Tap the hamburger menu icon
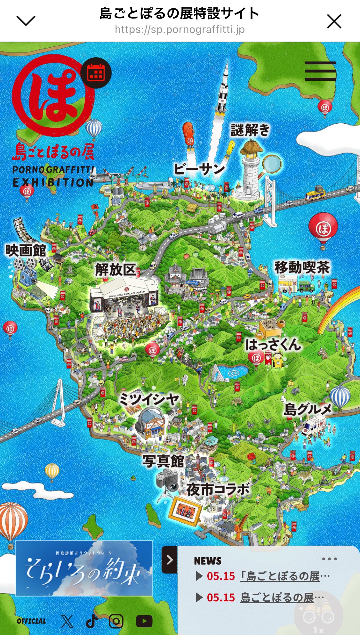[320, 71]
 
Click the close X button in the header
[334, 22]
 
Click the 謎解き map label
[250, 130]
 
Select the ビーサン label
[199, 169]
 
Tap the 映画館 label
[26, 250]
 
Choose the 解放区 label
[116, 270]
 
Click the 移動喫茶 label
[302, 267]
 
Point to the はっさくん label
[273, 345]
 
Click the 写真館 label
[163, 461]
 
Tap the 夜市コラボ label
[218, 489]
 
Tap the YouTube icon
[144, 622]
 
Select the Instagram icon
[116, 622]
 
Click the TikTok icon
[92, 622]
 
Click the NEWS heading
[208, 561]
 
